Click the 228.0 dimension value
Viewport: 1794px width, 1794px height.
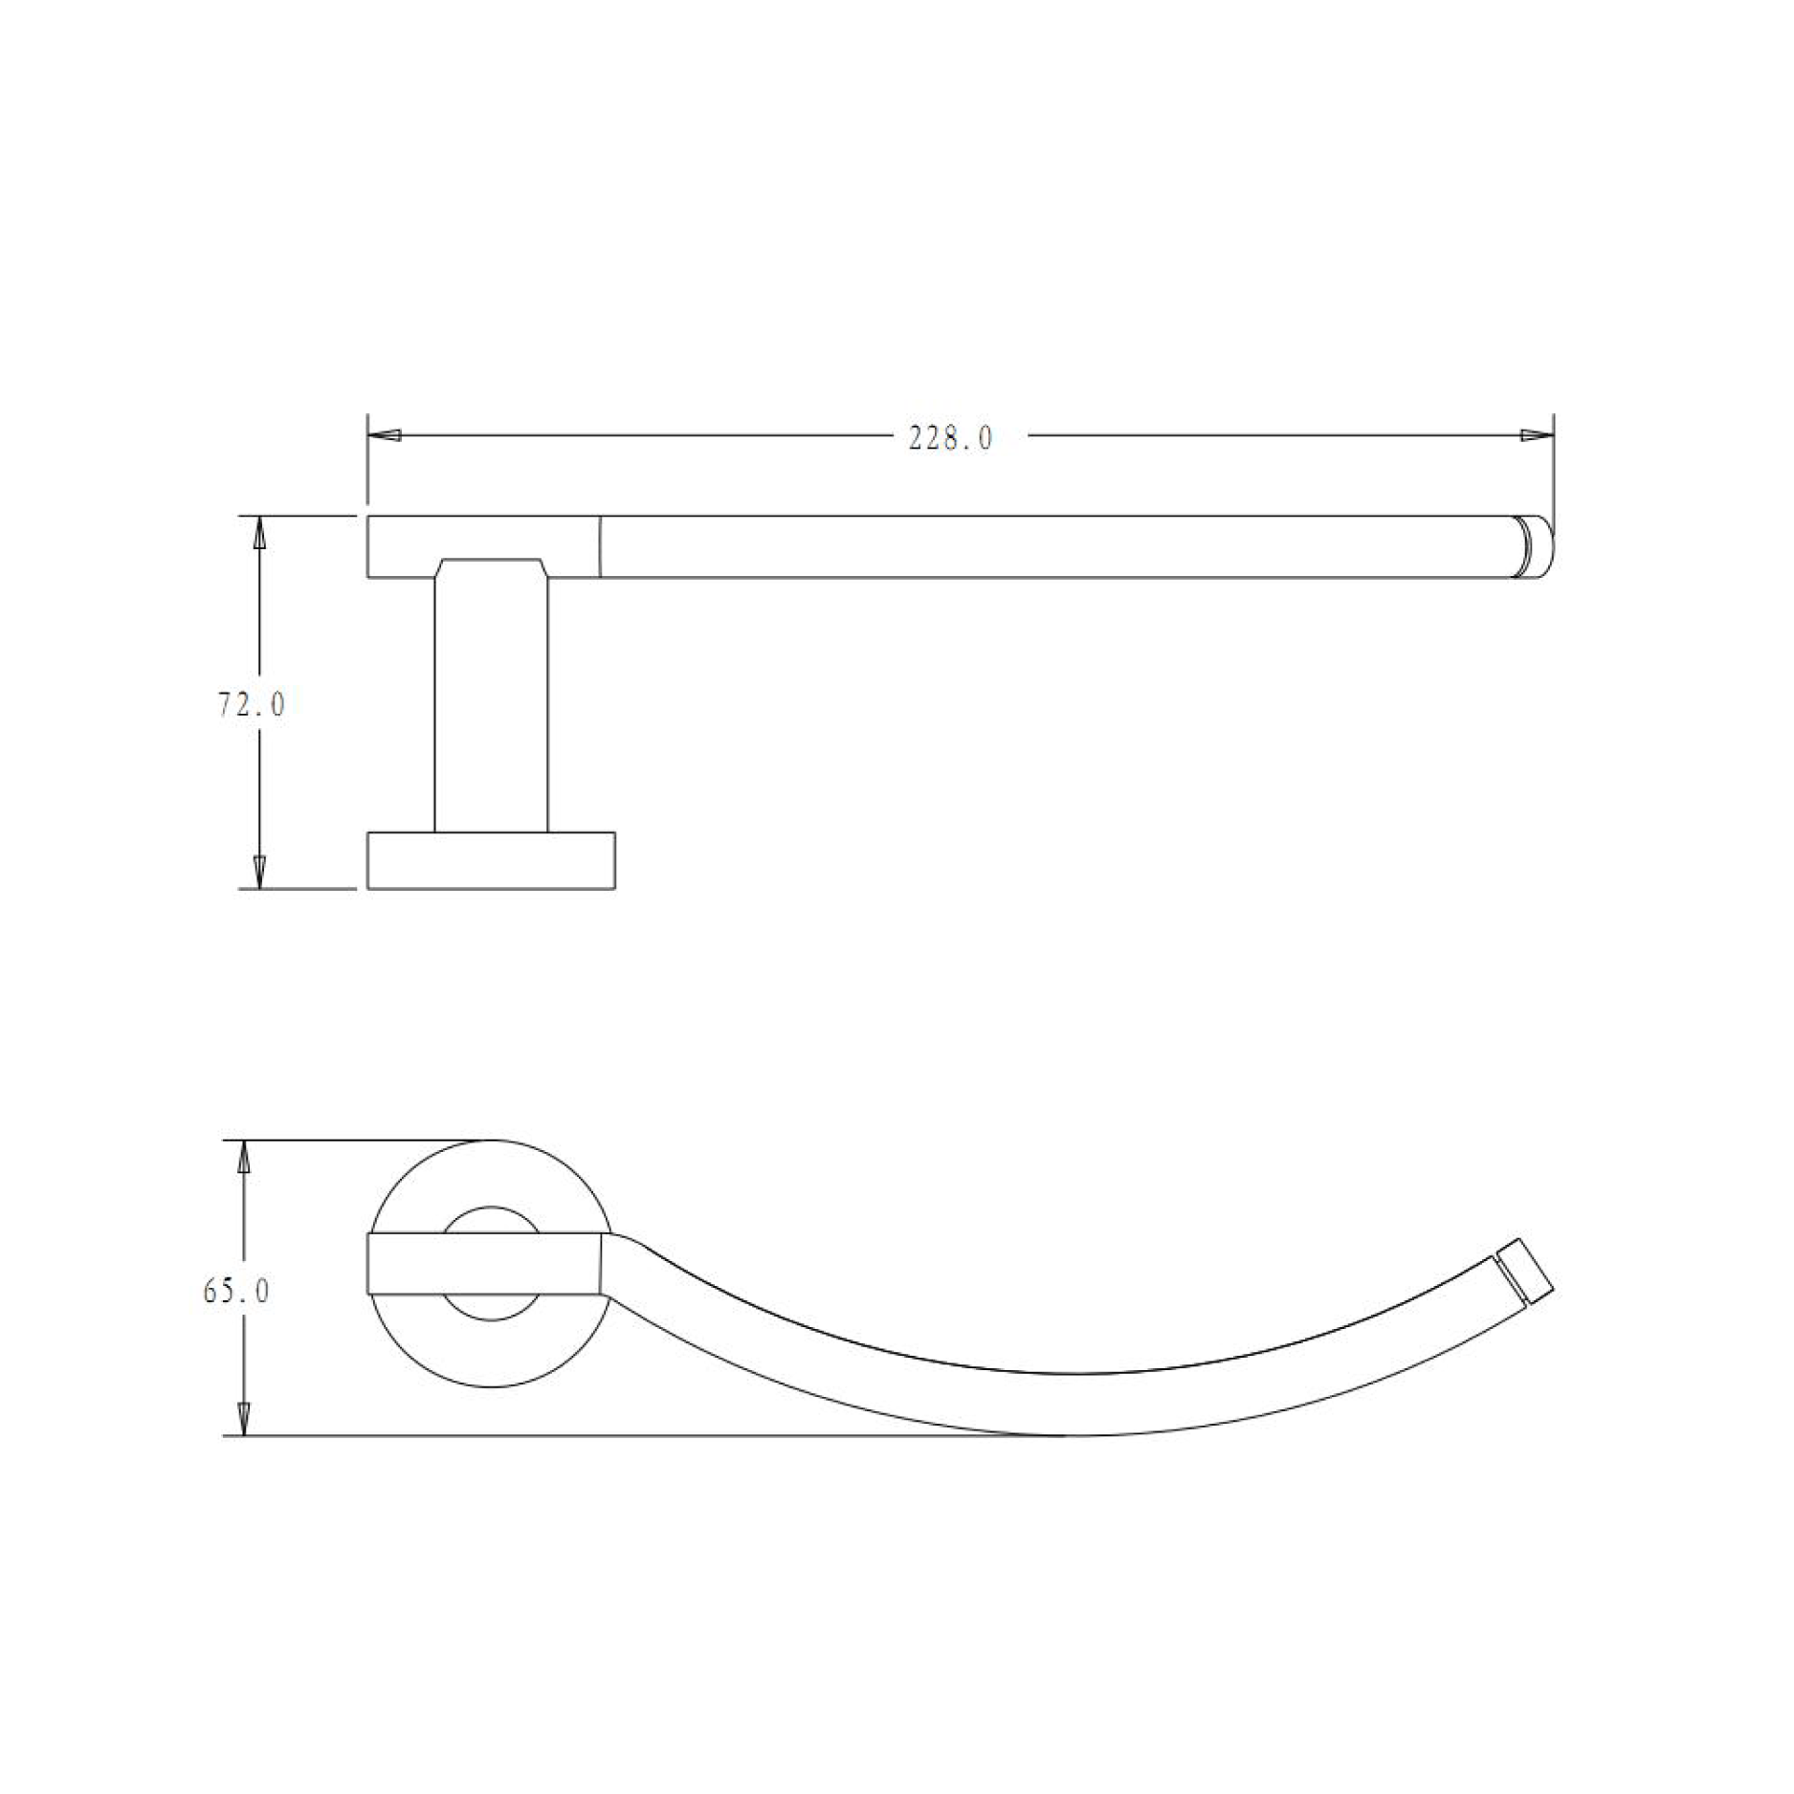[x=950, y=439]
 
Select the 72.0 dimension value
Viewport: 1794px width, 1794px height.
[x=252, y=705]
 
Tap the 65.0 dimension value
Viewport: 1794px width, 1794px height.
[x=236, y=1292]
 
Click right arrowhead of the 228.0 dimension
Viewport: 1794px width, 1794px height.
[x=1537, y=435]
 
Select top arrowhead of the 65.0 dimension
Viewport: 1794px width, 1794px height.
[x=244, y=1159]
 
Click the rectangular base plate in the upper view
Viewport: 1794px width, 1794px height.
[x=491, y=861]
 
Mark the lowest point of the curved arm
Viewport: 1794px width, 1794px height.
[x=1062, y=1434]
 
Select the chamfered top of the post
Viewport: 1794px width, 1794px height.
[x=491, y=566]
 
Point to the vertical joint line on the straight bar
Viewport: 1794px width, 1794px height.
[x=600, y=546]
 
